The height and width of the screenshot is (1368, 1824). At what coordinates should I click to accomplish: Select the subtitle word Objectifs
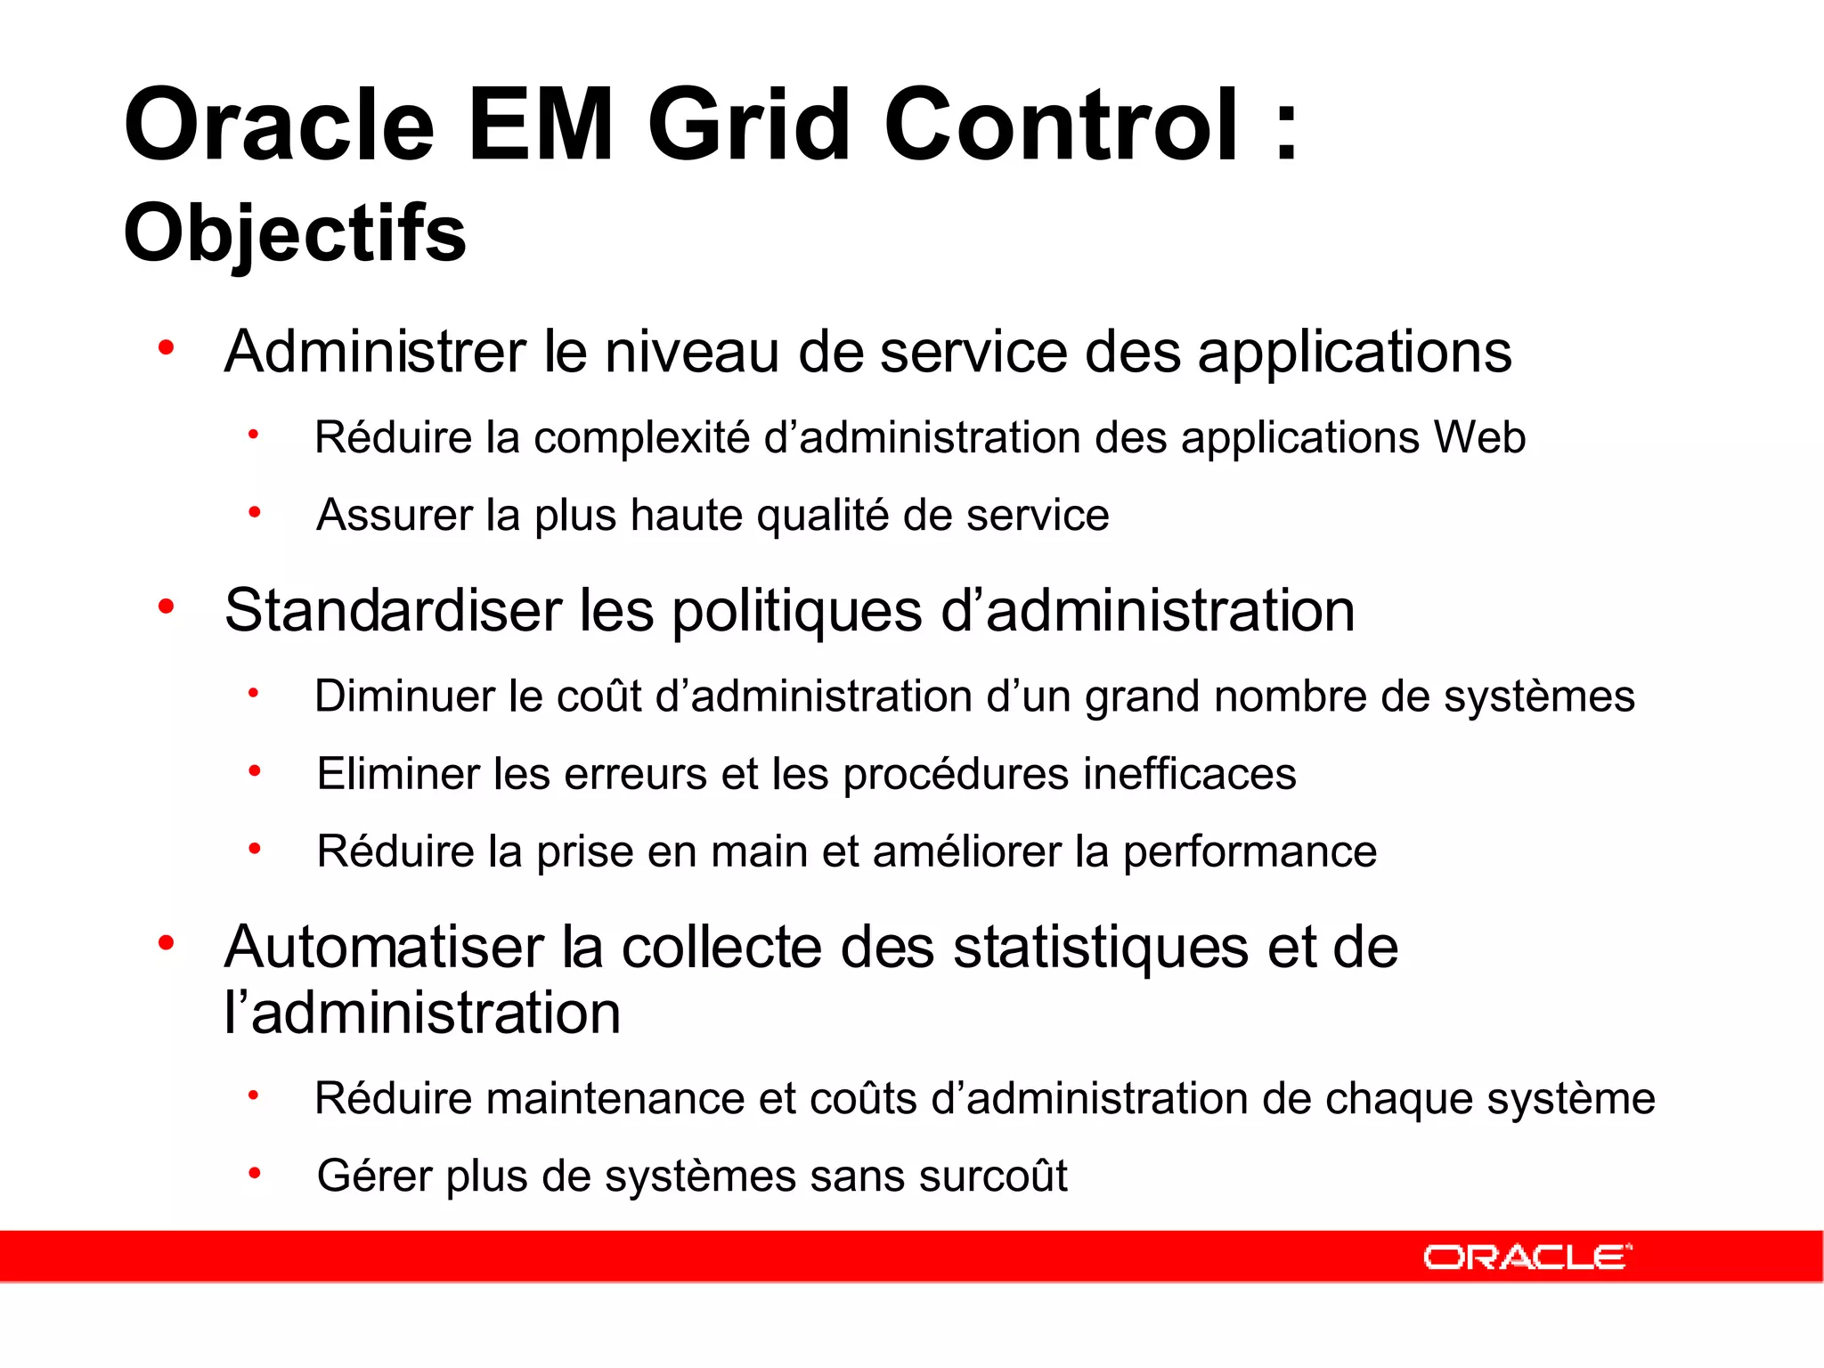tap(295, 233)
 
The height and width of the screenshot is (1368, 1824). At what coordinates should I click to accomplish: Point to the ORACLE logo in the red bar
tap(1527, 1257)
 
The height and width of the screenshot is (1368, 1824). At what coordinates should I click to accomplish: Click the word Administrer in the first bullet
tap(375, 352)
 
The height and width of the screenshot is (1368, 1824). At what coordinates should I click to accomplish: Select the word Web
tap(1479, 437)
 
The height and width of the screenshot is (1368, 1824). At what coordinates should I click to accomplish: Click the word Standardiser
tap(393, 611)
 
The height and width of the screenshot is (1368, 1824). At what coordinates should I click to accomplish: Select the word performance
tap(1249, 852)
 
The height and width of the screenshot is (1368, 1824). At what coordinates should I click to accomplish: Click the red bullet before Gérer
tap(255, 1174)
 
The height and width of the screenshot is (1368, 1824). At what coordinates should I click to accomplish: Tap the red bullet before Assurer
tap(255, 513)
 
